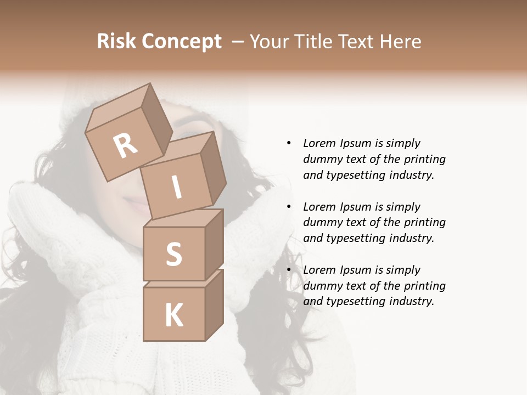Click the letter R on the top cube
pos(125,146)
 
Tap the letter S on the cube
pos(173,254)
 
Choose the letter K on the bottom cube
pos(173,315)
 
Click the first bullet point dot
pos(289,143)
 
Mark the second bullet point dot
pos(289,207)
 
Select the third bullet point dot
pos(289,270)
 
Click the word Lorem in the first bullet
pos(319,143)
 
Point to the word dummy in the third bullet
pos(322,286)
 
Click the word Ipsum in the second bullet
pos(355,207)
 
